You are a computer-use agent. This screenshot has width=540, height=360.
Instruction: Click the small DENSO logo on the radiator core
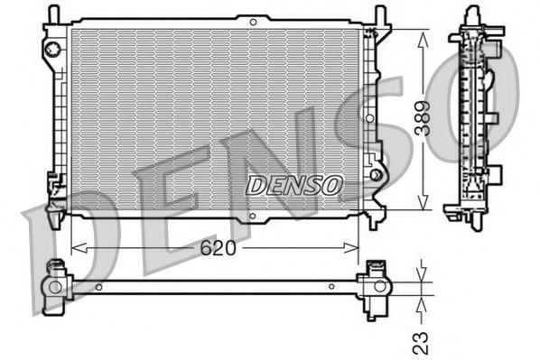tap(294, 184)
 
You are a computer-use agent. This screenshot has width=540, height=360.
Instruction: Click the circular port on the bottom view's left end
tap(56, 288)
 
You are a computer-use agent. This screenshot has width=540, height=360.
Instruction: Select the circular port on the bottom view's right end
tap(375, 288)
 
